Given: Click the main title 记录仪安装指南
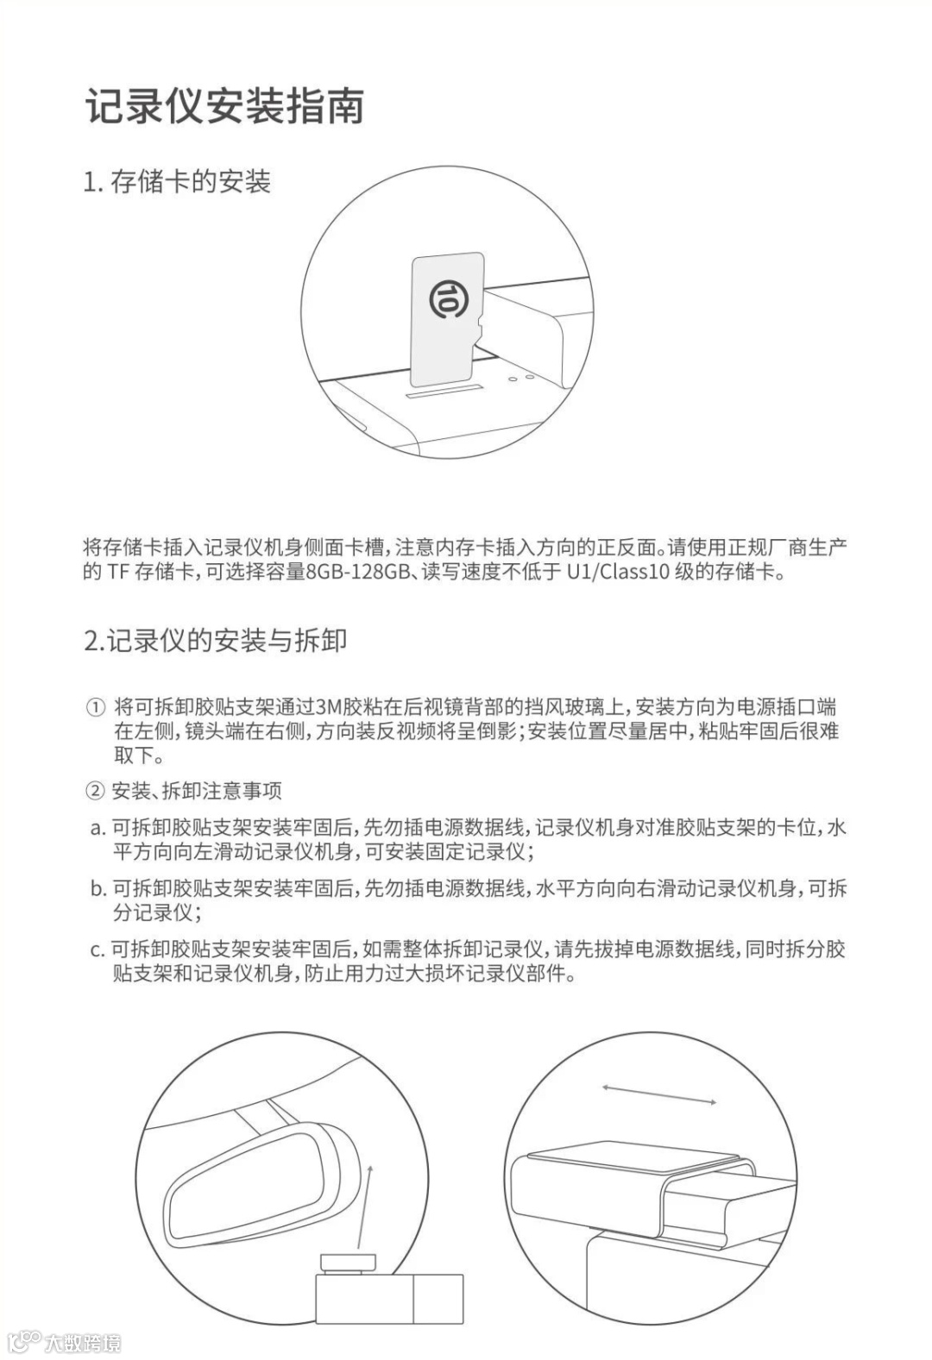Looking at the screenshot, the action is pos(224,105).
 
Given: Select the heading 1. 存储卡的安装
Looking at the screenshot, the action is pos(177,182).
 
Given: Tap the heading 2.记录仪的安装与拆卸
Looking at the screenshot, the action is pos(215,641).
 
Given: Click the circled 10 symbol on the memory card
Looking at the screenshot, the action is pos(445,298).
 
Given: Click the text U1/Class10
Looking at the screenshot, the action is pos(618,572).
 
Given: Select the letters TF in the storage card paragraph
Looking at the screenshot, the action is pos(118,572).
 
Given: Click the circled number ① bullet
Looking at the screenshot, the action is pos(95,707).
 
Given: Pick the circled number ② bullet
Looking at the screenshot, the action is pos(95,791).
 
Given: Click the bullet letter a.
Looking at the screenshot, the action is pos(98,828).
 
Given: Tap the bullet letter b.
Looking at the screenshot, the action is pos(98,889).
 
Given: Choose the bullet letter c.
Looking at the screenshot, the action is pos(98,949).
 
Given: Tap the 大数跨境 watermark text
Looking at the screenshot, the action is pos(83,1343).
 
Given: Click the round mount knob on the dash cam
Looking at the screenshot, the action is pos(348,1263).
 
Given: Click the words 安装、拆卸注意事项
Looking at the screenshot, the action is pos(197,791).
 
